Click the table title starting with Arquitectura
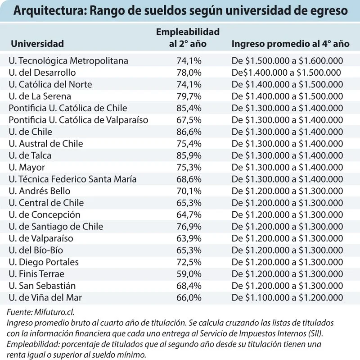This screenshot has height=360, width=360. click(180, 11)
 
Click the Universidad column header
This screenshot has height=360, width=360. click(37, 44)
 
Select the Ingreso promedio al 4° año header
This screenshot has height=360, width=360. click(290, 44)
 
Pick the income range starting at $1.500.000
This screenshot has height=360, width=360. click(287, 61)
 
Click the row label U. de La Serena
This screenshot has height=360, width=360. click(40, 96)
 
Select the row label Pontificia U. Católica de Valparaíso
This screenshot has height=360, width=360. click(78, 120)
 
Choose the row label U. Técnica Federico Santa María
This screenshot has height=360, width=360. click(72, 179)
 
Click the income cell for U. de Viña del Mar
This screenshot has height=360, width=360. click(287, 297)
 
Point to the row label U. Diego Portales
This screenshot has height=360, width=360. click(44, 262)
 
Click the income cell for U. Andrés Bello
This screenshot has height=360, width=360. click(287, 191)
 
